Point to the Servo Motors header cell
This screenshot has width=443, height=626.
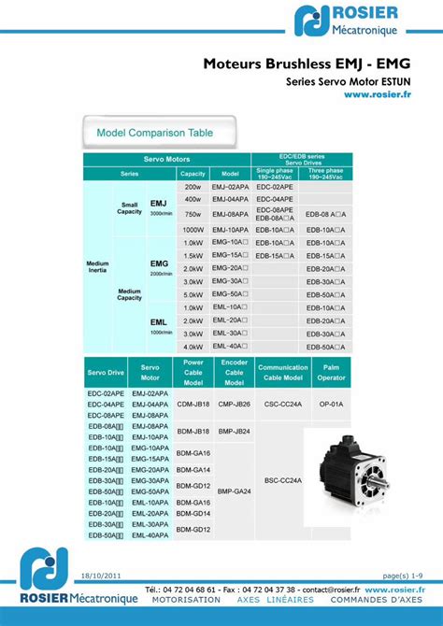166,160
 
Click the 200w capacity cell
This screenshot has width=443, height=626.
193,187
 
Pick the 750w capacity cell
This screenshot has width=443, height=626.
193,214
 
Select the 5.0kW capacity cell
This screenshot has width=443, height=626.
193,294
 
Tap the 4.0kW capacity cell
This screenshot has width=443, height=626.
193,347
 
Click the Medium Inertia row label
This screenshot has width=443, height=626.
98,267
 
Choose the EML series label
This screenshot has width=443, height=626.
159,322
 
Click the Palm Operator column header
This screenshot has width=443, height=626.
331,372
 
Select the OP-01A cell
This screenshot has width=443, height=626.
331,405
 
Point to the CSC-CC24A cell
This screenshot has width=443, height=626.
283,405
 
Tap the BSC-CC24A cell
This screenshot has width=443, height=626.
283,480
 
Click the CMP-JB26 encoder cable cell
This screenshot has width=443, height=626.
234,405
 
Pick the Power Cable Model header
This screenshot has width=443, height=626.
193,372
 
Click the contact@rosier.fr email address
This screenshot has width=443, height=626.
330,590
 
